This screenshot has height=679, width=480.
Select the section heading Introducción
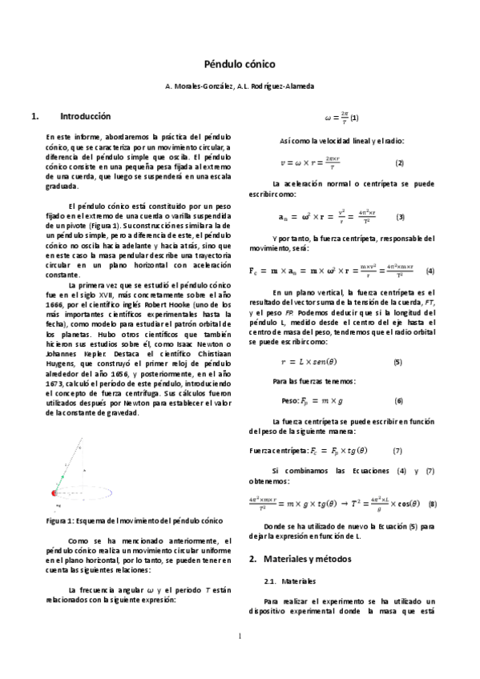(x=85, y=116)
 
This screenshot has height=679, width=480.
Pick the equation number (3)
(x=400, y=217)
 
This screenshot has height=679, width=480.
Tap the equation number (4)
(x=430, y=271)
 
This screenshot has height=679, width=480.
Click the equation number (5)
(x=397, y=339)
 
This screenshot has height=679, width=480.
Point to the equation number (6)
(x=398, y=400)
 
